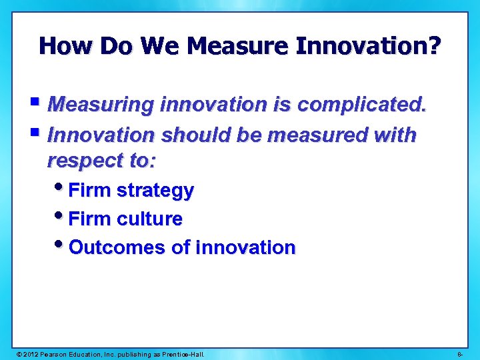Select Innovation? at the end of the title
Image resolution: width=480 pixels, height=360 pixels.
(x=368, y=46)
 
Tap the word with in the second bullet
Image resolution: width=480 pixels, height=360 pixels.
(x=394, y=135)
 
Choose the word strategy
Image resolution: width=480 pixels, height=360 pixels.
(x=155, y=191)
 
